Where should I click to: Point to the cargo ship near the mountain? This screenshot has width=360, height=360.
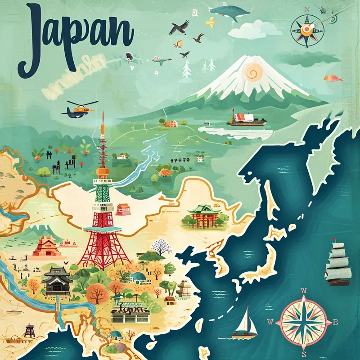247,119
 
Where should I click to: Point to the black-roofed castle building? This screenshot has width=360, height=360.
57,281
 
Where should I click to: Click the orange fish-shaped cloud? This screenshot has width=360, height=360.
333,78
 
